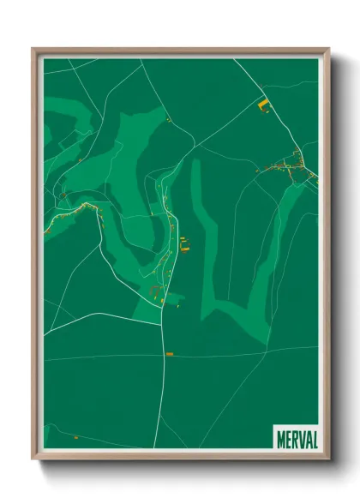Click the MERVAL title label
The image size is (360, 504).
(x=297, y=438)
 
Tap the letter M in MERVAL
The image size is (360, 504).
(x=281, y=438)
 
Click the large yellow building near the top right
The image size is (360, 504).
(x=262, y=106)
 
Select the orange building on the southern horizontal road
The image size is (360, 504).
(x=170, y=353)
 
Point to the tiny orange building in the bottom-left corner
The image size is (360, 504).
(x=75, y=438)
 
